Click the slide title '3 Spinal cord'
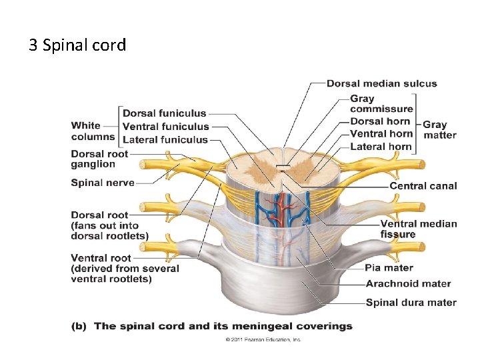point(77,45)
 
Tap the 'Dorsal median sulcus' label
point(381,83)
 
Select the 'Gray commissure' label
point(381,104)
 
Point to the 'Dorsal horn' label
point(380,121)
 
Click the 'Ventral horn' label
point(381,134)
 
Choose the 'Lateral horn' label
point(380,147)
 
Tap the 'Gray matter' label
point(439,129)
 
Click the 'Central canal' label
point(423,186)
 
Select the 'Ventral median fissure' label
point(418,229)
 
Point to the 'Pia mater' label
point(389,268)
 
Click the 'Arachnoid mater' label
point(408,284)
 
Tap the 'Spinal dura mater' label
point(411,303)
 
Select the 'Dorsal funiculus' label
point(164,113)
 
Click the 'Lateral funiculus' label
point(165,140)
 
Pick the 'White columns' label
point(93,131)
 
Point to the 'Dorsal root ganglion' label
point(99,159)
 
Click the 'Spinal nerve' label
point(103,183)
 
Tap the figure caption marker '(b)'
point(79,326)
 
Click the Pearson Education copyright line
point(263,339)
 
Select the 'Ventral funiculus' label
point(165,127)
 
